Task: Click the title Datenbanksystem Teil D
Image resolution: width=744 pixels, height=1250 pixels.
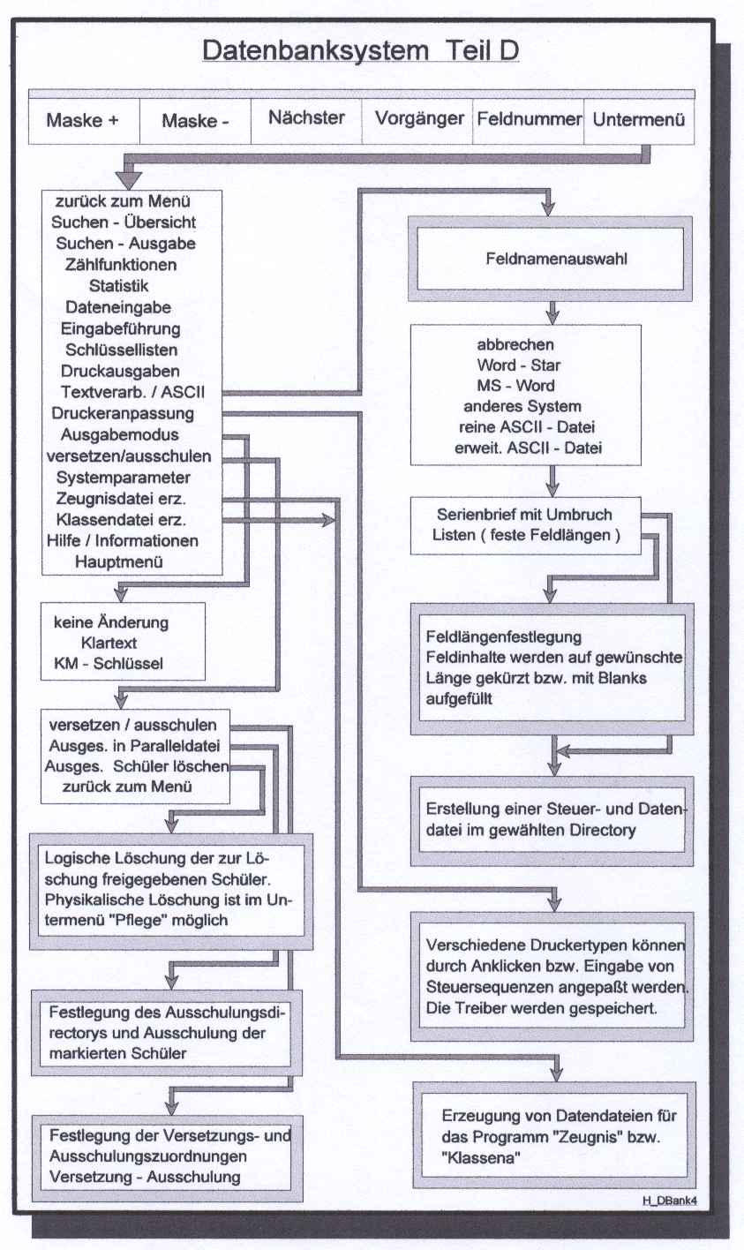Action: pos(360,51)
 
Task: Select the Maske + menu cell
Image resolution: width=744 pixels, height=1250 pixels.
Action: pos(83,120)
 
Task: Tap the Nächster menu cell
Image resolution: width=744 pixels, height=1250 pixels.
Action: pos(306,117)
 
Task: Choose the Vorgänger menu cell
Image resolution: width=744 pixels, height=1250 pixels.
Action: pos(419,118)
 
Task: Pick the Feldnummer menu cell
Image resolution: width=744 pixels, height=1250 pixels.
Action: pos(530,118)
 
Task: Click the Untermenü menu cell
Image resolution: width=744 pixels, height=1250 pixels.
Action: pos(639,118)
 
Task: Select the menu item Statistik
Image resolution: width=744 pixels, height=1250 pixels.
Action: pos(119,286)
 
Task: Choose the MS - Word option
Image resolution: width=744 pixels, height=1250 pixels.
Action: pos(515,386)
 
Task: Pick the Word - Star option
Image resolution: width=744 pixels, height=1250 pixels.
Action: pos(519,365)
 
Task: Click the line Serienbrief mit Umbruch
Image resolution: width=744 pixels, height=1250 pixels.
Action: pos(524,515)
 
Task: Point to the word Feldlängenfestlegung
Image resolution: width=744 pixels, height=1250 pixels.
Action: pos(503,636)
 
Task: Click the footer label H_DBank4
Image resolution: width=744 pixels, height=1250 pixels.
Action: pos(670,1201)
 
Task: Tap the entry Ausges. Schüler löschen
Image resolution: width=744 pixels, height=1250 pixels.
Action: pos(137,766)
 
